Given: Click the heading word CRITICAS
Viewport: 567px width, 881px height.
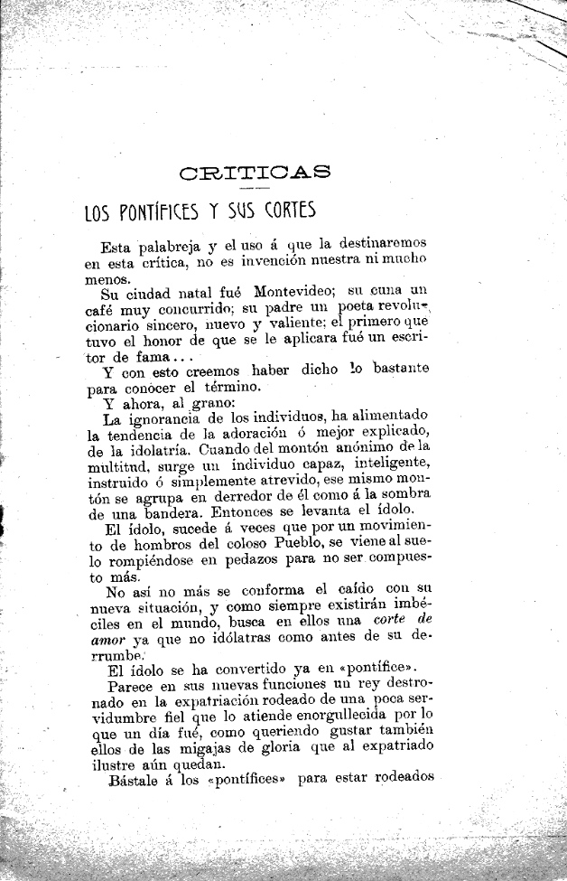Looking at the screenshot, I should pyautogui.click(x=256, y=172).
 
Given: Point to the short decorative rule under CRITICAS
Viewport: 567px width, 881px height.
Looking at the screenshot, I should pyautogui.click(x=254, y=187).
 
